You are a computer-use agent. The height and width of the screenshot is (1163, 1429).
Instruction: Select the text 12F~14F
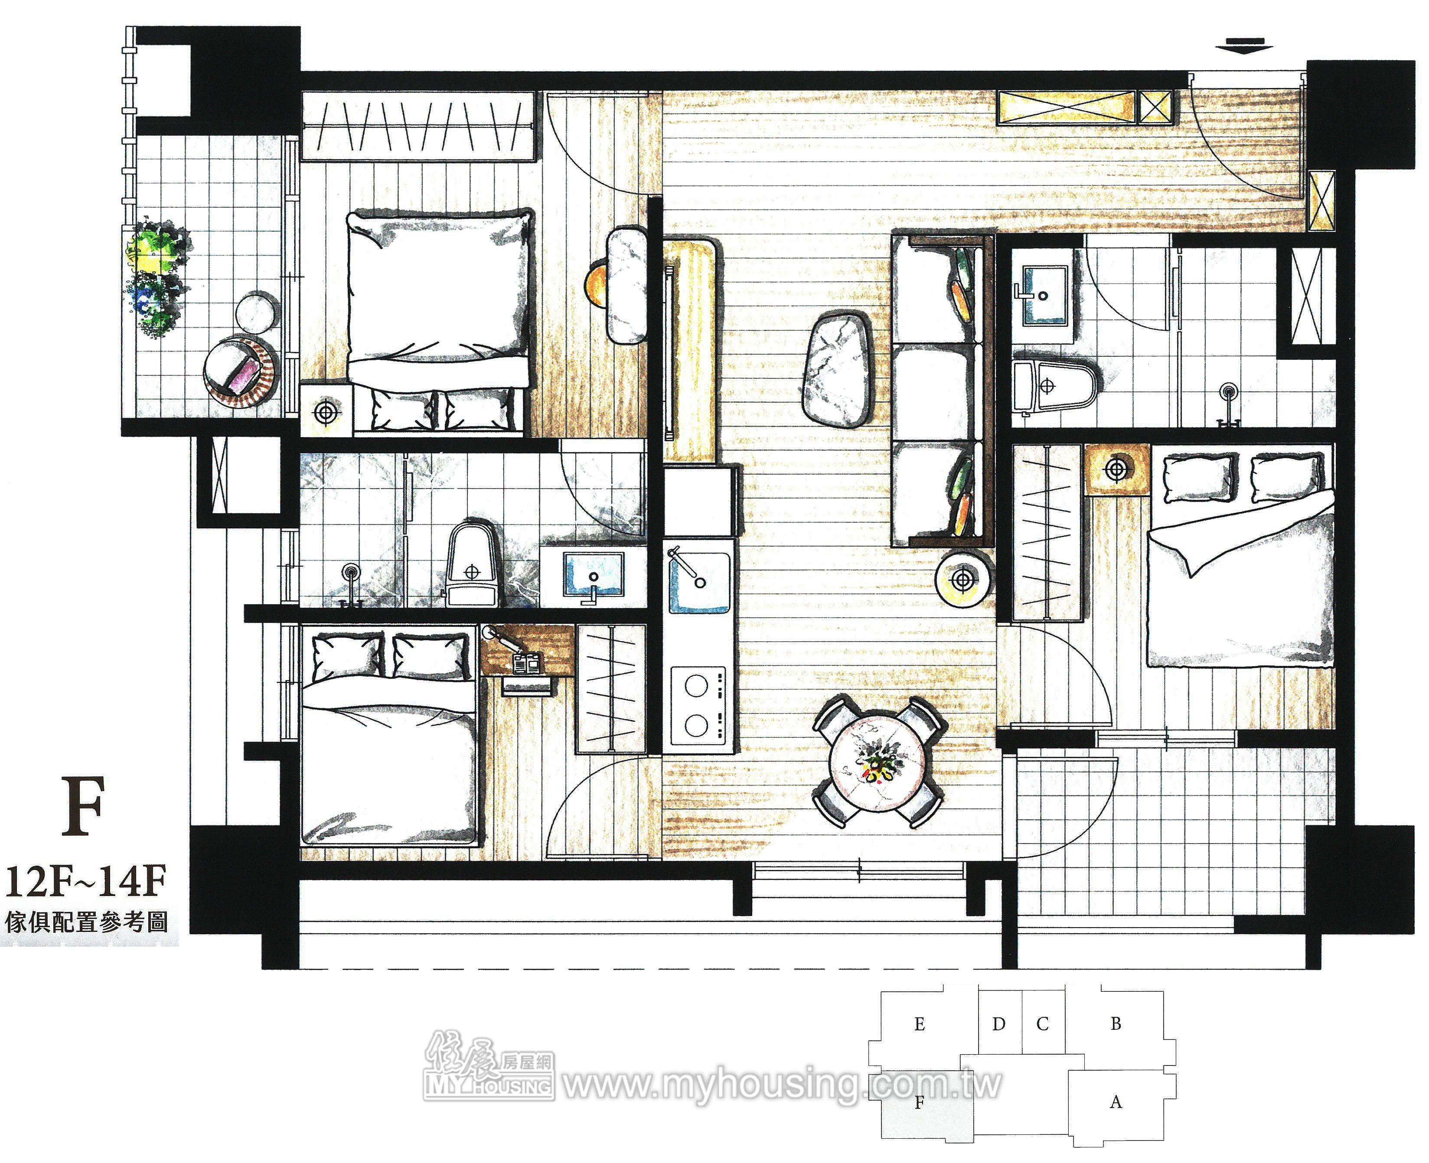pyautogui.click(x=86, y=882)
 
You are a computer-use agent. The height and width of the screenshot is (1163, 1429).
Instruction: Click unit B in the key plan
pyautogui.click(x=1116, y=1024)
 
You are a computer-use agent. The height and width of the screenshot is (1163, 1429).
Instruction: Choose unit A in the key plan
pyautogui.click(x=1116, y=1102)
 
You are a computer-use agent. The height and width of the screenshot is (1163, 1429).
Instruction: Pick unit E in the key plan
pyautogui.click(x=919, y=1024)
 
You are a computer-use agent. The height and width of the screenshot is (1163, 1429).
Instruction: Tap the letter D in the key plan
pyautogui.click(x=999, y=1024)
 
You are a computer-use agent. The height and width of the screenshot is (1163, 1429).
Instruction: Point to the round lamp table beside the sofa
pyautogui.click(x=963, y=580)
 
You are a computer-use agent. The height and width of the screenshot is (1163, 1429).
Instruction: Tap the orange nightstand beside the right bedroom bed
pyautogui.click(x=1117, y=469)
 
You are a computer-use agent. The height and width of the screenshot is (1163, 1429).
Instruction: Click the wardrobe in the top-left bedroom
pyautogui.click(x=418, y=127)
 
